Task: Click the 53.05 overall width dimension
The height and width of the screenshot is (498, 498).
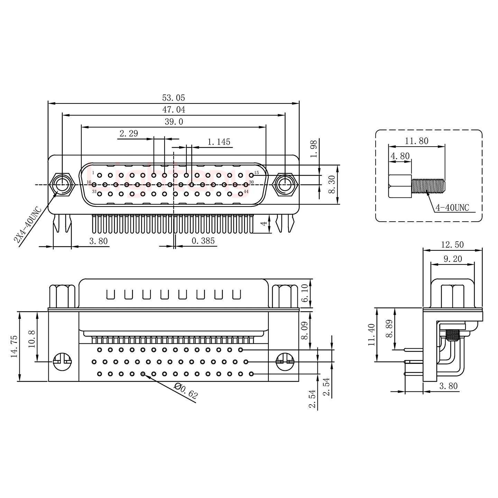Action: (x=174, y=98)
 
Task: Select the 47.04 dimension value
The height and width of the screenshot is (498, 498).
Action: (x=174, y=110)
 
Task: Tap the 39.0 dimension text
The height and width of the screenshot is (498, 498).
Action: (x=174, y=122)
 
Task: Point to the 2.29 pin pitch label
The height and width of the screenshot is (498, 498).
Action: (x=129, y=133)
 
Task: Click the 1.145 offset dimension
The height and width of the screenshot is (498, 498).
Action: (x=219, y=142)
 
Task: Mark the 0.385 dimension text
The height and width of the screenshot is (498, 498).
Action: (x=203, y=241)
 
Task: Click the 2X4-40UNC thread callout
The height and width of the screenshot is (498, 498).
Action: (x=27, y=225)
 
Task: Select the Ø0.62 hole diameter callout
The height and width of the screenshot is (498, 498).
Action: (x=186, y=391)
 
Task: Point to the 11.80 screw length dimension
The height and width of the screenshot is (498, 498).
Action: (x=416, y=141)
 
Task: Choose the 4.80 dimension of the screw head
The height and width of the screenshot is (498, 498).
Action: (x=400, y=156)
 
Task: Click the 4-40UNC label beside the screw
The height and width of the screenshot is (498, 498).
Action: (x=452, y=207)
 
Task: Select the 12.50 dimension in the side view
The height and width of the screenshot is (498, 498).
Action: (x=452, y=245)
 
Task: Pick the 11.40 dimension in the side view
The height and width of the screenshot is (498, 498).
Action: (x=372, y=335)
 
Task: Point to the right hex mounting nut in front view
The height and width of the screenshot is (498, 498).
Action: (x=285, y=184)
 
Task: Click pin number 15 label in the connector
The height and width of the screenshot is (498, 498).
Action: (x=257, y=173)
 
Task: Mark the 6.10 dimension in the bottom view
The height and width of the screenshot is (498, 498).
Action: (x=304, y=293)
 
